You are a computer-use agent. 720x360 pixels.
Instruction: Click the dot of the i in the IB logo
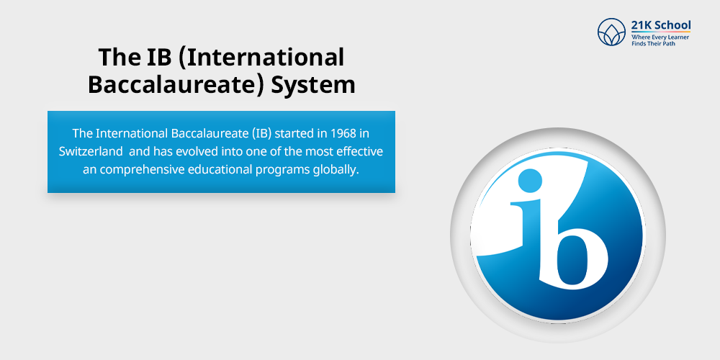(x=530, y=178)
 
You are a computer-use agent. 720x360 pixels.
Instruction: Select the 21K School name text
(x=660, y=25)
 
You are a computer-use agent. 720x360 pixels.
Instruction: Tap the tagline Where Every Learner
(x=660, y=36)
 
